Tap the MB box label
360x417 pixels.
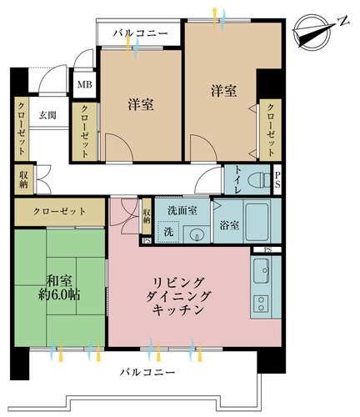(84, 84)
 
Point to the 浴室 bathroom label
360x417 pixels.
(228, 224)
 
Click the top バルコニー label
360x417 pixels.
(142, 34)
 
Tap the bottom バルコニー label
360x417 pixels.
(147, 369)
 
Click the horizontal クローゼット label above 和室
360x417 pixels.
(59, 212)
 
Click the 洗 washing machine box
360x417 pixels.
(169, 231)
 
